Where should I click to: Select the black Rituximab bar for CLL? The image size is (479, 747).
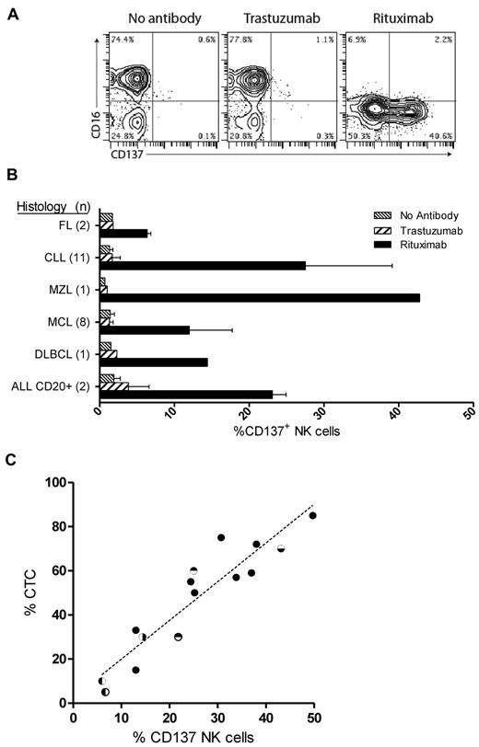202,265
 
